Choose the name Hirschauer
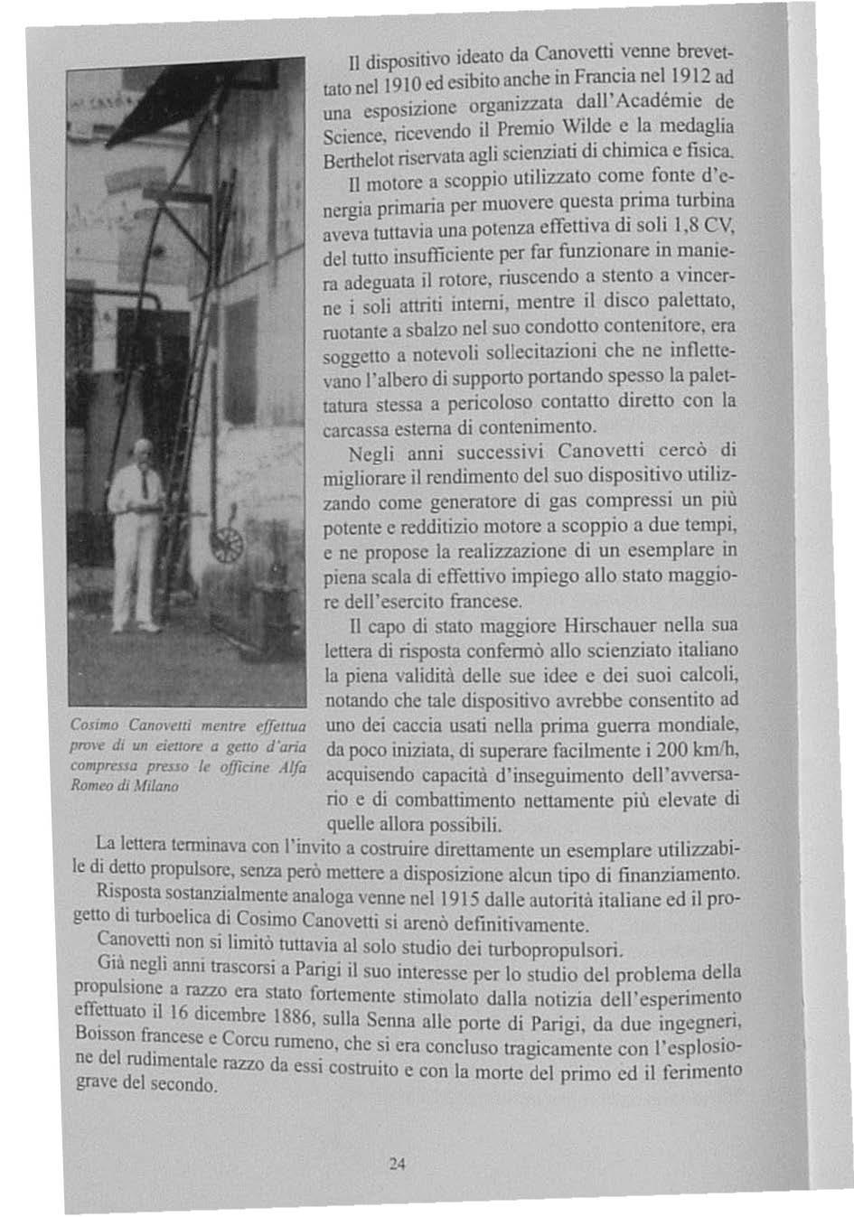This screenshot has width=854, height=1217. [614, 625]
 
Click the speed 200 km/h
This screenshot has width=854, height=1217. [706, 750]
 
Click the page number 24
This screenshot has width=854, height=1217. [396, 1165]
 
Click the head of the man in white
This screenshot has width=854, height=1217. [140, 451]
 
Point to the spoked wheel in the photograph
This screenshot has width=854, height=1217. [227, 545]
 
